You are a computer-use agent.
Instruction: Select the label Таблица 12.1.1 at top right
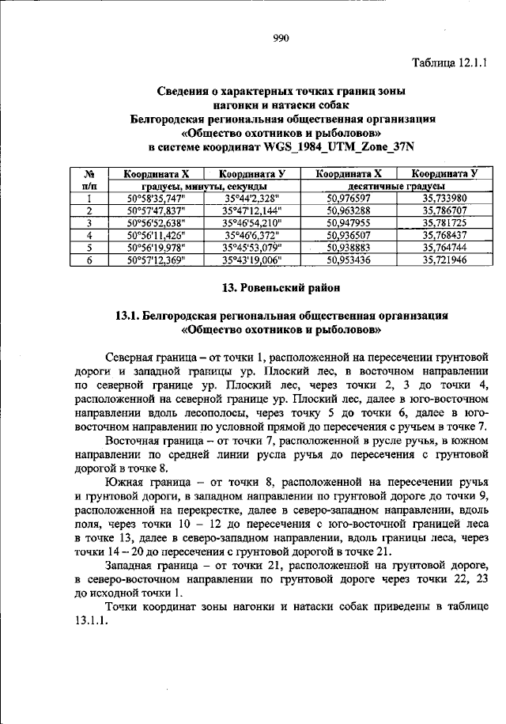click(450, 60)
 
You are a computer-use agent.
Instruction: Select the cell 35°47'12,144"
click(252, 211)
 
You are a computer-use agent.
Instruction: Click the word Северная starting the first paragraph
click(130, 354)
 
